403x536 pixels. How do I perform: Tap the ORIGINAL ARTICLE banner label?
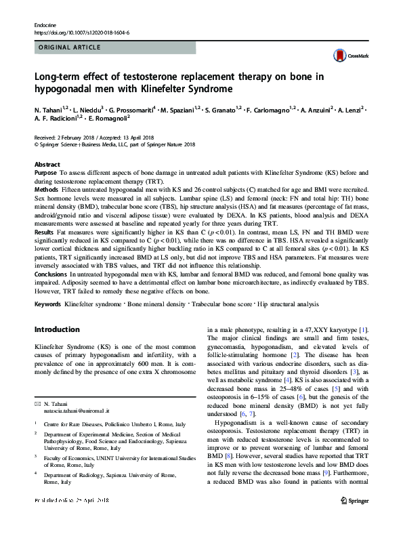click(x=69, y=47)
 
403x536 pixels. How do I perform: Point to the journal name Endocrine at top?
click(x=45, y=25)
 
